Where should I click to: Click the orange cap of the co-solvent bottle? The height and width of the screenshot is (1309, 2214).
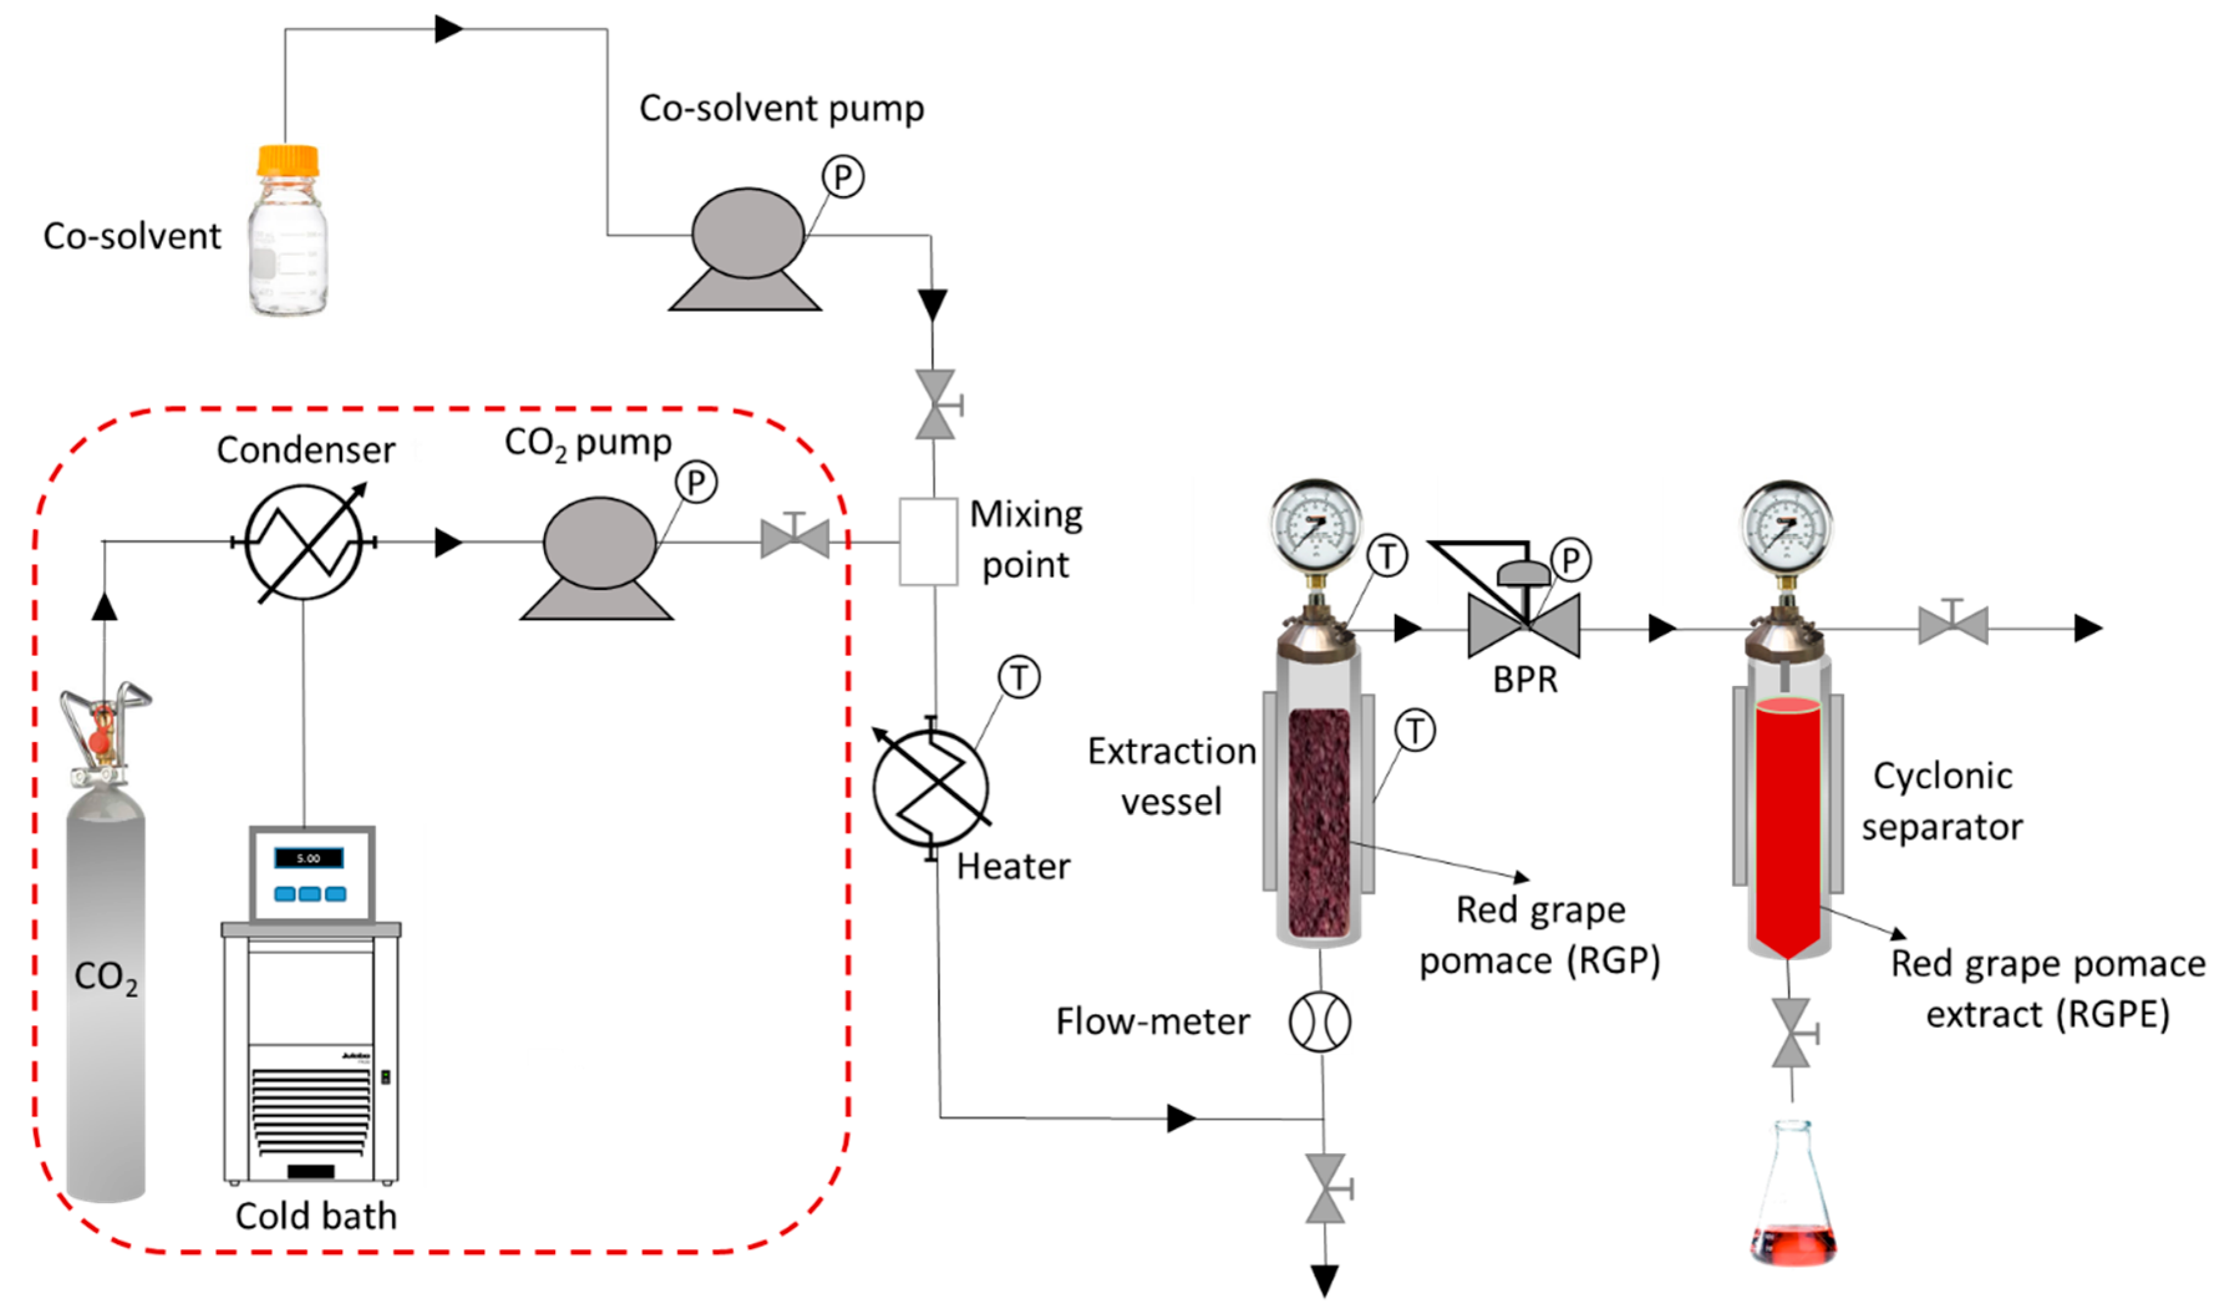point(288,161)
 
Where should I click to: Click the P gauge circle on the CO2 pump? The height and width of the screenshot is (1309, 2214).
point(696,482)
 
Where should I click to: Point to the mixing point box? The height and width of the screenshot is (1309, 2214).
point(928,542)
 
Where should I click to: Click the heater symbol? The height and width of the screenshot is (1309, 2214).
point(931,787)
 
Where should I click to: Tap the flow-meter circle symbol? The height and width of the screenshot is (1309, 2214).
point(1320,1021)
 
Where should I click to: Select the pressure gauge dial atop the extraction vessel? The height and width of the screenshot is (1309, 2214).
point(1315,527)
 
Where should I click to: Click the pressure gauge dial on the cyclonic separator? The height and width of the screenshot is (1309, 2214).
point(1787,527)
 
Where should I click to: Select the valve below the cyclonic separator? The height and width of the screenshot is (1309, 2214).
point(1793,1033)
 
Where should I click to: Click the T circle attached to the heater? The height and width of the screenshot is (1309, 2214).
point(1019,677)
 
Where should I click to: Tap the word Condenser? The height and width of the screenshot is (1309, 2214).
point(305,451)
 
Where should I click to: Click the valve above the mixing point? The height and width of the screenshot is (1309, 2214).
point(935,405)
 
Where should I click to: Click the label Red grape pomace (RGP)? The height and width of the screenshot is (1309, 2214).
point(1539,935)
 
